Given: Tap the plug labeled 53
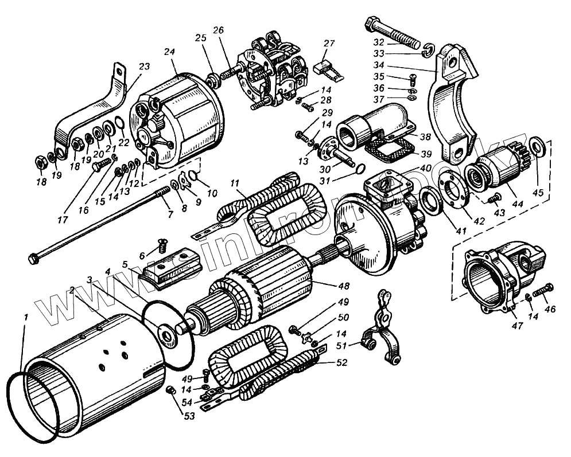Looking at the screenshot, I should coord(169,391).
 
